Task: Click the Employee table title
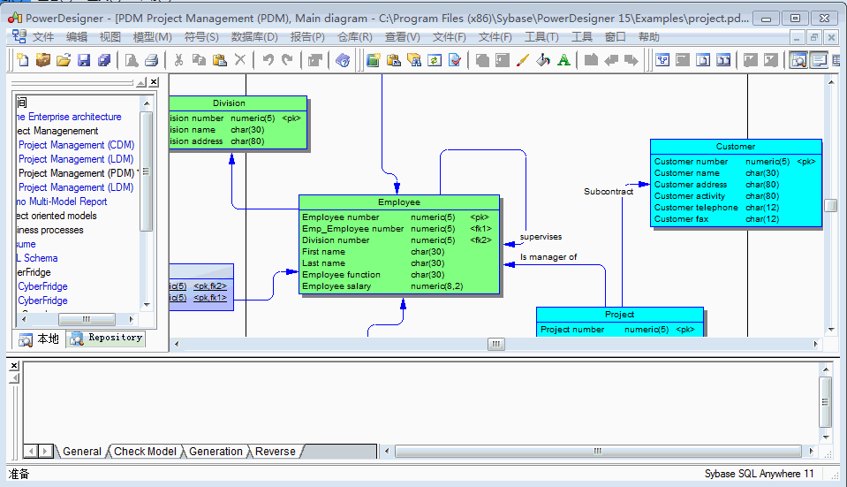click(x=399, y=202)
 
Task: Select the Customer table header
click(x=736, y=146)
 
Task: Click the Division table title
click(x=230, y=103)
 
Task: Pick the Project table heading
click(x=619, y=315)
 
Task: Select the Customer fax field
click(x=682, y=219)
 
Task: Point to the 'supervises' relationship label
click(x=541, y=237)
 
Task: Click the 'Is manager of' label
click(x=548, y=257)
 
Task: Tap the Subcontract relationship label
click(x=609, y=192)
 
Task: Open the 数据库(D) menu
click(x=254, y=37)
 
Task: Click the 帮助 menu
click(x=648, y=37)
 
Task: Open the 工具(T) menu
click(x=541, y=37)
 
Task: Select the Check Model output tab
click(x=145, y=452)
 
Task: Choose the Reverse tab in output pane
click(x=276, y=452)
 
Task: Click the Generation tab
click(x=216, y=452)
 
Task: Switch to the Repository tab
click(x=107, y=338)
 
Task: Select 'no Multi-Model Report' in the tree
click(x=61, y=202)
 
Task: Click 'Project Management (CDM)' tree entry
click(x=76, y=145)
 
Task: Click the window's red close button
click(x=826, y=18)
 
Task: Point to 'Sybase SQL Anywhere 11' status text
click(x=759, y=474)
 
